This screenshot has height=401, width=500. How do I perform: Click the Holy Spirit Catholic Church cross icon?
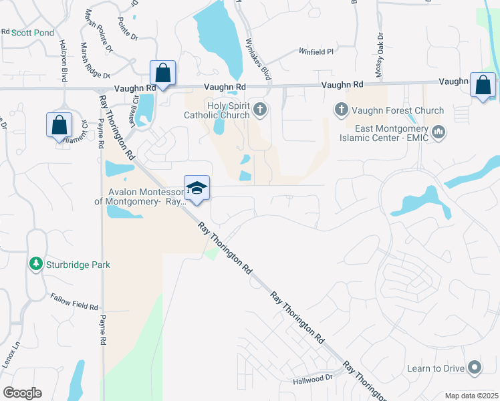point(260,109)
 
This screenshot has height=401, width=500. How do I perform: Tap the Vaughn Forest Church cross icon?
point(341,109)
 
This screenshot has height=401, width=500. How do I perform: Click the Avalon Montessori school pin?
point(197,188)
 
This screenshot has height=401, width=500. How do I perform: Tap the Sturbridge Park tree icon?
point(35,264)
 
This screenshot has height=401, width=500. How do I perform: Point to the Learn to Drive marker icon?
point(475,367)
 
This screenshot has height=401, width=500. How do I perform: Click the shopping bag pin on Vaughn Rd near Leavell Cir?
point(162,72)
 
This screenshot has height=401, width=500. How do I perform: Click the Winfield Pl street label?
point(316,51)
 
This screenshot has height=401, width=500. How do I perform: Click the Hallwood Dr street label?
point(312,378)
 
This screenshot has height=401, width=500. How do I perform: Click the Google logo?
point(22,392)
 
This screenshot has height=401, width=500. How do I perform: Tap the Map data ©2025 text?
point(471,396)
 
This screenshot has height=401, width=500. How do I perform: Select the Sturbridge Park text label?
point(78,265)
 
